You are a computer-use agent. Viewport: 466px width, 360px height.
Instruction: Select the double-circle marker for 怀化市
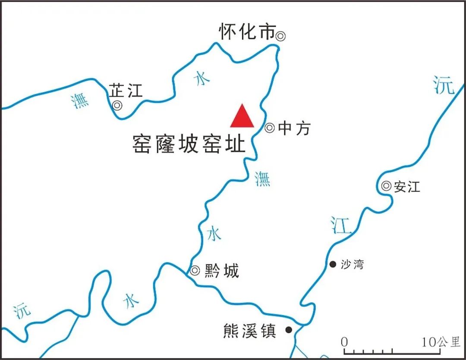280,36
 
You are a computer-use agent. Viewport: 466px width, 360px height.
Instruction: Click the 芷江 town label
125,91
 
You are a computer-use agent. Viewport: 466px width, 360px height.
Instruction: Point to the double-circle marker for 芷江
116,105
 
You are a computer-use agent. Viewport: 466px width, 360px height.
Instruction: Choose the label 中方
294,128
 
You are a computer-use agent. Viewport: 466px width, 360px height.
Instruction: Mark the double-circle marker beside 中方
270,128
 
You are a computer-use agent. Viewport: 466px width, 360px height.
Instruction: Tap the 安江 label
407,187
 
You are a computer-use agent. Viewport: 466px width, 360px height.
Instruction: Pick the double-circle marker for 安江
386,186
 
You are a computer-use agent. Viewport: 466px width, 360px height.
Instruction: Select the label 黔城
221,272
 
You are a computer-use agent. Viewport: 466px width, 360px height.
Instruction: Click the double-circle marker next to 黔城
195,271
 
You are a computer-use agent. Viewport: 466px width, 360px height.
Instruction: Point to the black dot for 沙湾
333,264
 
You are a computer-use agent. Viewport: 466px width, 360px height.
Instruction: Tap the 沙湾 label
352,264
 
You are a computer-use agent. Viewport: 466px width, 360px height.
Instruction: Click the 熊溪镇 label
249,331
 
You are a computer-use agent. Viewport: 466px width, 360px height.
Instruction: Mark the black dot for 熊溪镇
289,330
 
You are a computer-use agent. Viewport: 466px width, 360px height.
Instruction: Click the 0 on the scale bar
344,342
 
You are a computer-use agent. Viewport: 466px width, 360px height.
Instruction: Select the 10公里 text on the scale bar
441,342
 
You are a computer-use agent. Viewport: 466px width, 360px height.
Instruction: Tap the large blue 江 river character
341,225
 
